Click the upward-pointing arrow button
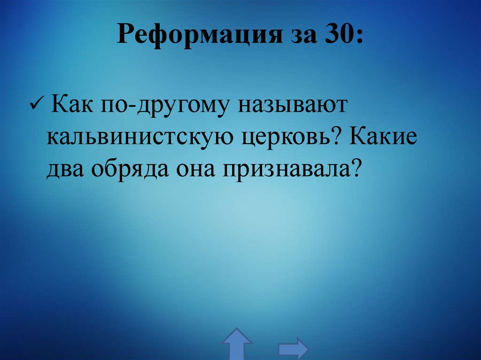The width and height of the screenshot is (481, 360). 237,344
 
